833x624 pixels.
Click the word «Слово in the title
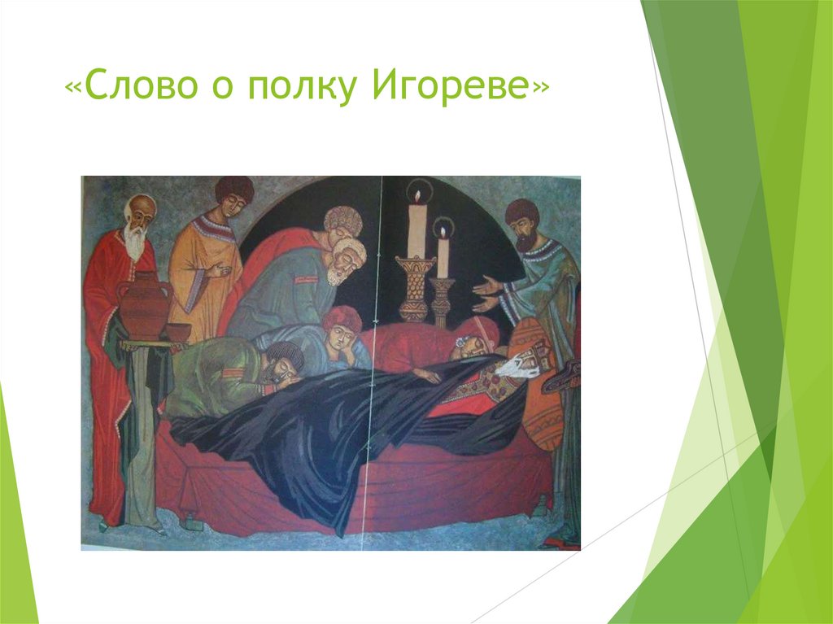click(x=119, y=87)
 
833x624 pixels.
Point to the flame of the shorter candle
click(x=443, y=232)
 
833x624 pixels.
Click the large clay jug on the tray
click(x=143, y=308)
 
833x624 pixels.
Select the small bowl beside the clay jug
click(x=178, y=332)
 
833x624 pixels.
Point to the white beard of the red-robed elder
click(x=135, y=242)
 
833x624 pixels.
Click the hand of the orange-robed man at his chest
click(x=214, y=271)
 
